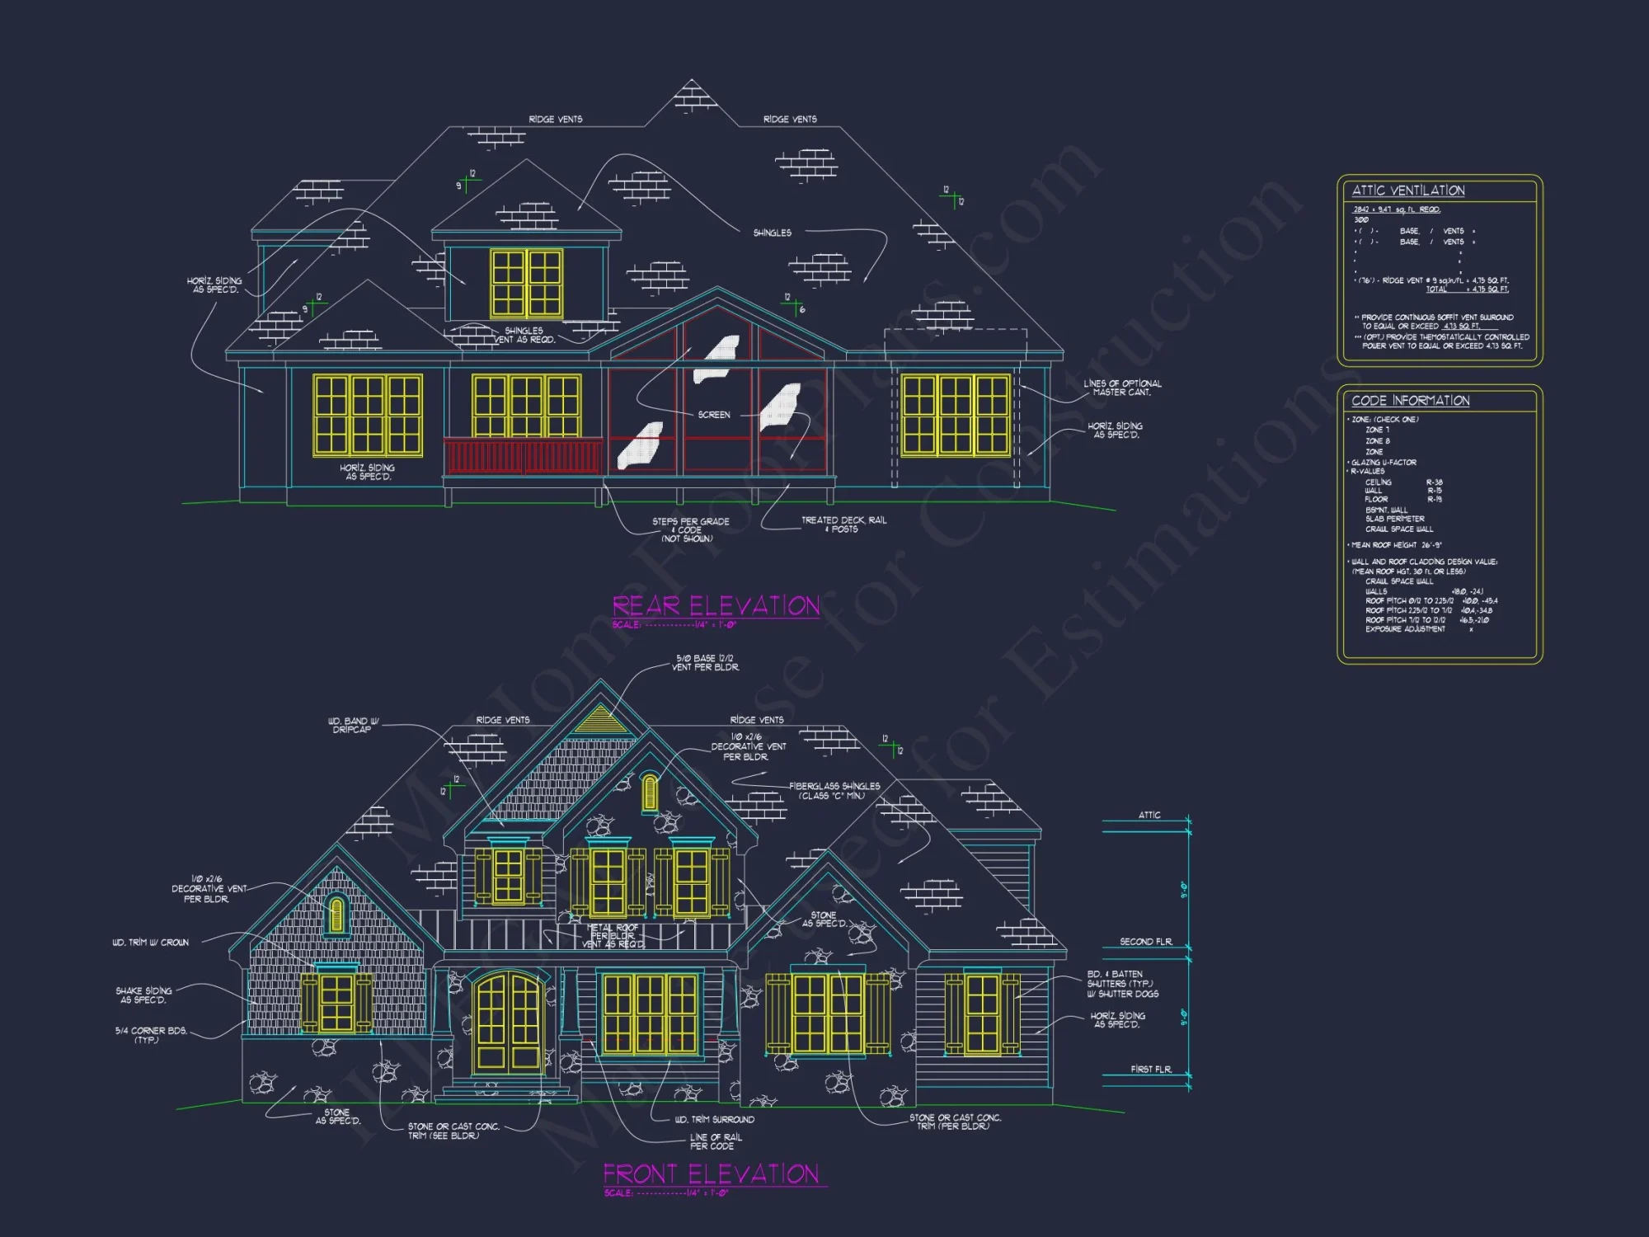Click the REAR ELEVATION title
pos(716,606)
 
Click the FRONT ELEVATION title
pos(711,1174)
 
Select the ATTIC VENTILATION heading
pos(1408,190)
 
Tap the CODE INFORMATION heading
pos(1410,401)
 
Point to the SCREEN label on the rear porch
pos(714,415)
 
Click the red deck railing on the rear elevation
pos(523,456)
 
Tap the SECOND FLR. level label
pos(1145,942)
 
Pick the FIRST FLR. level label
pos(1150,1070)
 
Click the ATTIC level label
pos(1149,815)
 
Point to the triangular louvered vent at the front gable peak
pos(601,721)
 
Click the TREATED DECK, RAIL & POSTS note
pos(843,524)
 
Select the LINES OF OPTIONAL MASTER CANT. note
pos(1121,388)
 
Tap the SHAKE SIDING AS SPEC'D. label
pos(144,995)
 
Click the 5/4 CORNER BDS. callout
pos(151,1035)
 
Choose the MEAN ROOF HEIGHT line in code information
pos(1396,545)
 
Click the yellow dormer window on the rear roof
pos(527,284)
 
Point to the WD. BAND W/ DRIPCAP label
pos(353,725)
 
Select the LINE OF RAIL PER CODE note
pos(715,1141)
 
